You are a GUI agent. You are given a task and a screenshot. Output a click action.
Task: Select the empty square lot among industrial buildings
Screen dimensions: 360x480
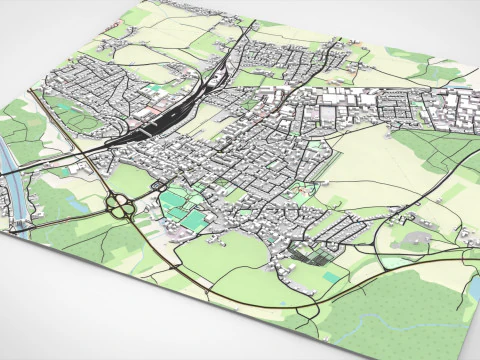[x=325, y=116]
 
